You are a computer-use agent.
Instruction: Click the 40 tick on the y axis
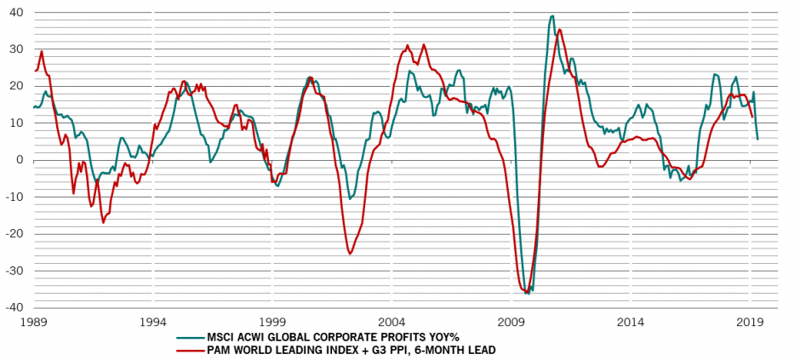15,13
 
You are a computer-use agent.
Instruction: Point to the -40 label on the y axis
14,306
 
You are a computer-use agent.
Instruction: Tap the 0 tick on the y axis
19,160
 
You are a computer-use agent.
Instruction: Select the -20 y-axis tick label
14,233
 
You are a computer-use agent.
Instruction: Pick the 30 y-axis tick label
15,49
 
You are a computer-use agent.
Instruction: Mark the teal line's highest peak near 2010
552,15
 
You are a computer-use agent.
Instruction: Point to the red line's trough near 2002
351,254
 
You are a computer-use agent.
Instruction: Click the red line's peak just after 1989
42,51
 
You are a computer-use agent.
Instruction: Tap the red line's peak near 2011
559,30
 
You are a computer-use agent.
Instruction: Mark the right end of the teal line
757,139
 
